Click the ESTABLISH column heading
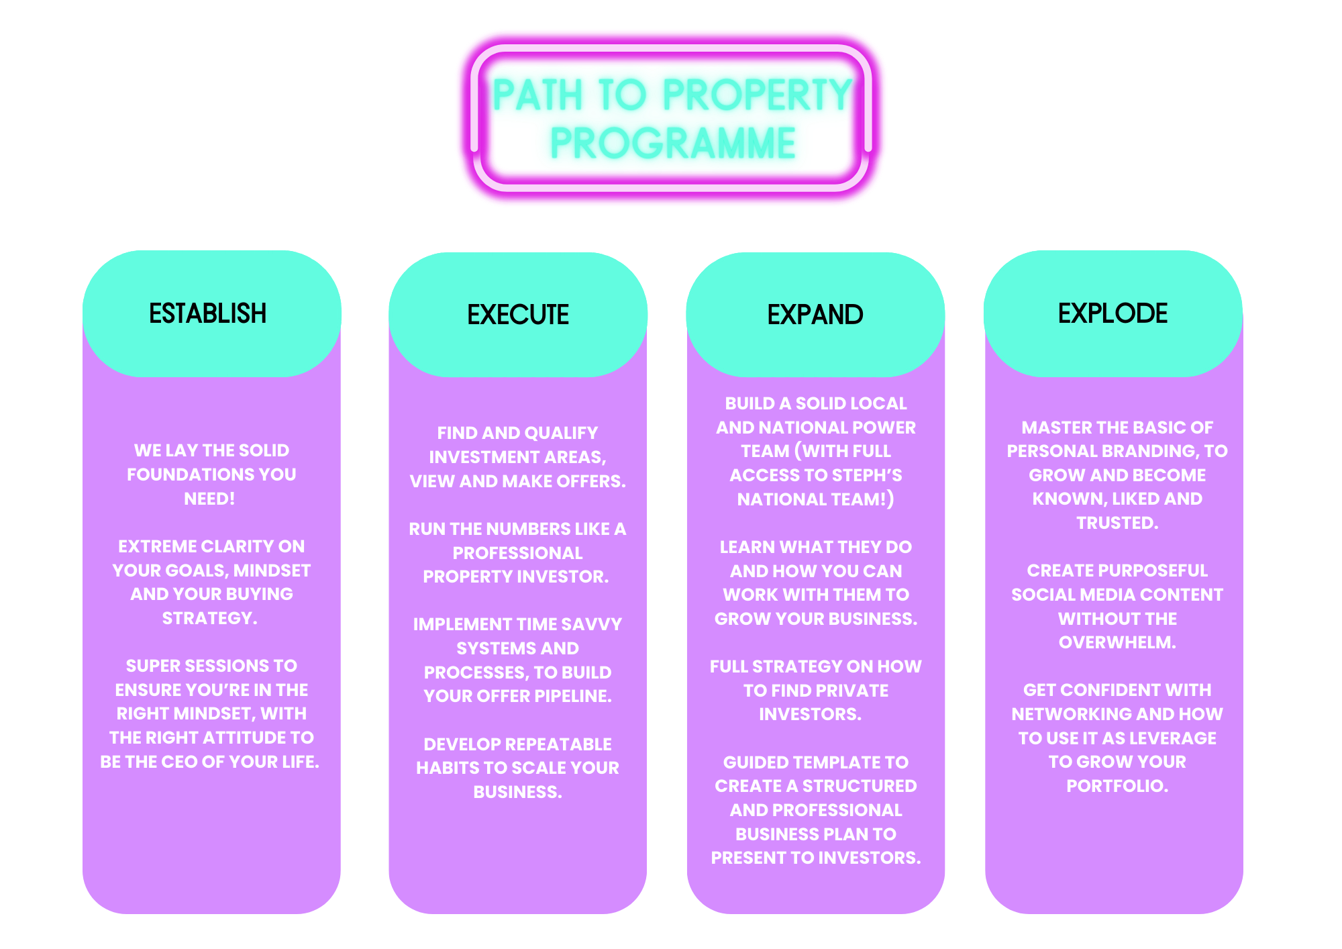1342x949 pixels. click(x=207, y=313)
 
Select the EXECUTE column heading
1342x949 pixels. click(x=517, y=315)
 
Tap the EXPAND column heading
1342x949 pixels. click(x=815, y=315)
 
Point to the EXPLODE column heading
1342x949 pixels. click(x=1113, y=313)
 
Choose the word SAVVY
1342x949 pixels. click(x=590, y=624)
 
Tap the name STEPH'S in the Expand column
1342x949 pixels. click(x=869, y=475)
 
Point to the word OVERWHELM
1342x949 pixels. click(x=1117, y=642)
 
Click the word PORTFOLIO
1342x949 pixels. click(x=1117, y=786)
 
